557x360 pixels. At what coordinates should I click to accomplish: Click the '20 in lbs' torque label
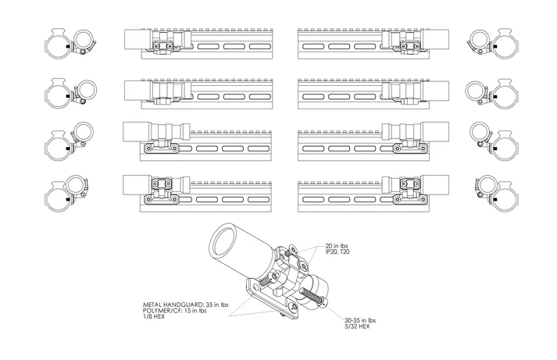(x=337, y=246)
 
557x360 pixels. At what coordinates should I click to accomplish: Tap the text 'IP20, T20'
(x=337, y=251)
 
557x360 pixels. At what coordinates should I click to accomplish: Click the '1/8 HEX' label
(x=153, y=316)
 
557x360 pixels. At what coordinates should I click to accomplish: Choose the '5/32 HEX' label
(x=357, y=326)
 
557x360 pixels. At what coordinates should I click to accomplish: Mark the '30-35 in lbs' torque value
(x=360, y=320)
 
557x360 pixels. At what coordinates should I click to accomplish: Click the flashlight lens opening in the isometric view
(x=224, y=241)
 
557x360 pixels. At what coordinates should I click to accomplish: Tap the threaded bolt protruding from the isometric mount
(x=312, y=297)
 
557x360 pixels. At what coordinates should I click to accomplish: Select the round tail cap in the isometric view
(x=316, y=290)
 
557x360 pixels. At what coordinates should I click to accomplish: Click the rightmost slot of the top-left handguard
(x=260, y=47)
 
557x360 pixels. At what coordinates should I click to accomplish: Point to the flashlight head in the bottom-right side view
(x=435, y=184)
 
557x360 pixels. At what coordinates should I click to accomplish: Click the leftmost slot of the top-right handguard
(x=313, y=47)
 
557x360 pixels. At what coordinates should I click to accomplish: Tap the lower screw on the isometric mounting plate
(x=293, y=308)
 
